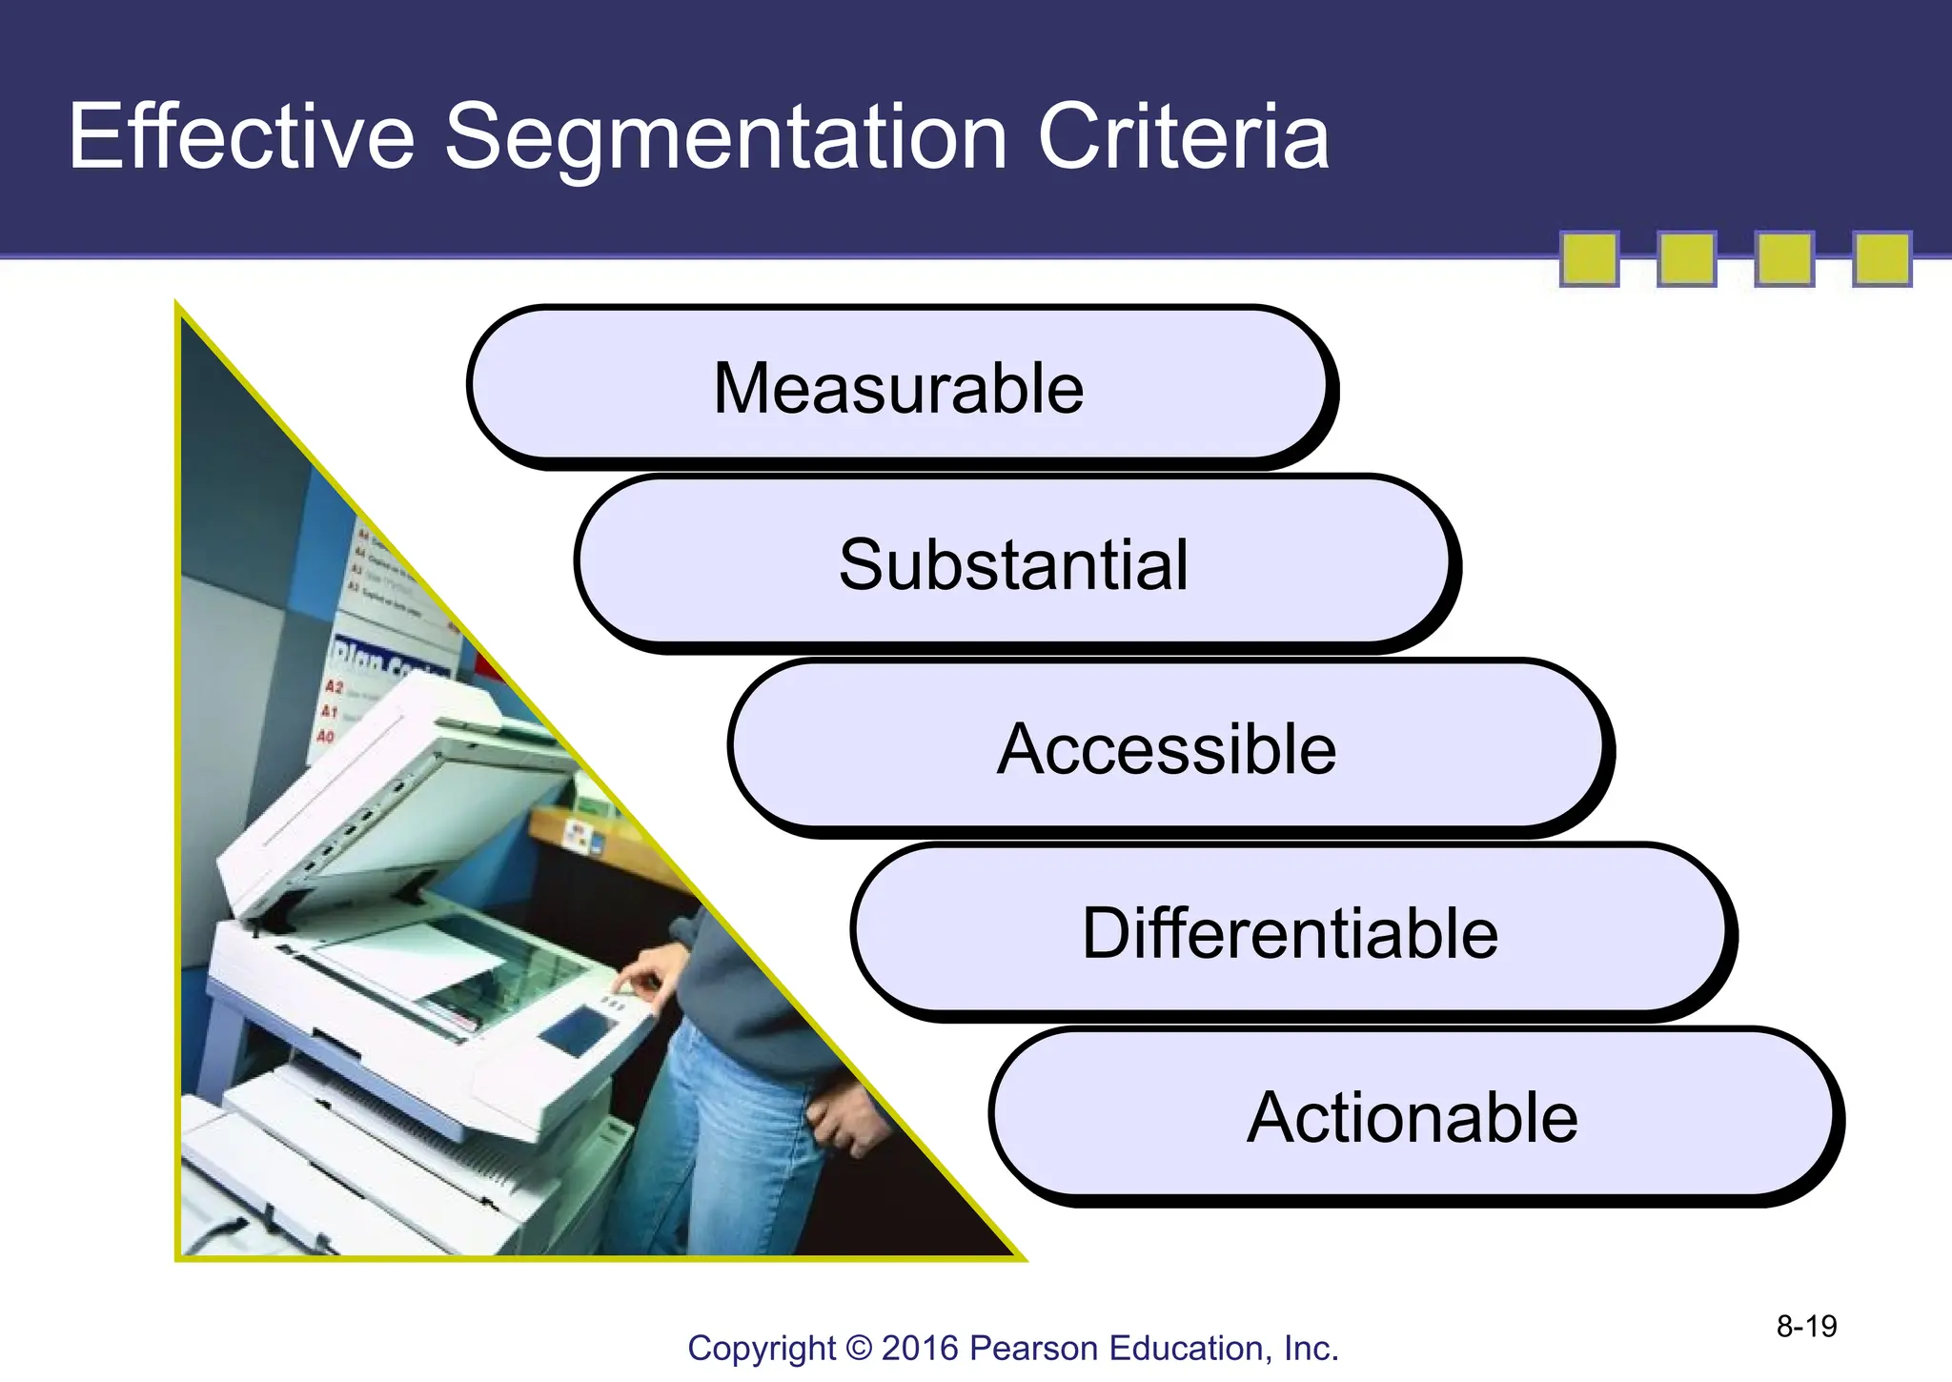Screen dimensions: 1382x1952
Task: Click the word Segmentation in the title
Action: coord(725,138)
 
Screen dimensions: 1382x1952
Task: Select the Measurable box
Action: coord(898,387)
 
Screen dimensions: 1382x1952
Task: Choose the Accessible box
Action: coord(1167,748)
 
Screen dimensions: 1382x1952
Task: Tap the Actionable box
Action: coord(1412,1116)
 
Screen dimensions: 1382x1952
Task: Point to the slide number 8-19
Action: coord(1806,1326)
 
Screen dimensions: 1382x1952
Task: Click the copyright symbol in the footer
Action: coord(859,1349)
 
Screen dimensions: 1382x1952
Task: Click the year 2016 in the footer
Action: coord(921,1349)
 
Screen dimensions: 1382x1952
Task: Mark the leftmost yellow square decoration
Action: coord(1589,258)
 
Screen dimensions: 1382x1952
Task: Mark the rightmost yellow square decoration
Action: coord(1881,258)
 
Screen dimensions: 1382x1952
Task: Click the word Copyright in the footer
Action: coord(761,1349)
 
